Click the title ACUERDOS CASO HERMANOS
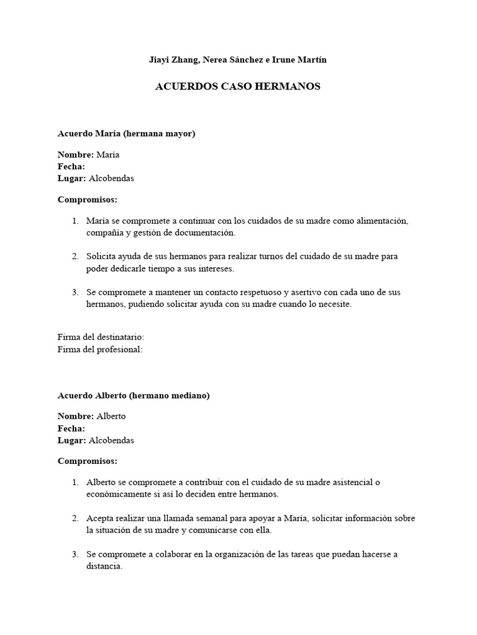(237, 87)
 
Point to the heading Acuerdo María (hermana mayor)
(127, 133)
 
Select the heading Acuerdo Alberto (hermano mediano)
(134, 395)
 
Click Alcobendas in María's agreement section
(111, 178)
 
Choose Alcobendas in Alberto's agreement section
(111, 440)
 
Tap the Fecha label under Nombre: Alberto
(71, 429)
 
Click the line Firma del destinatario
(101, 337)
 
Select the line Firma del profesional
(100, 349)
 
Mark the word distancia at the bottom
(105, 566)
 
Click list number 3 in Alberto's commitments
(75, 554)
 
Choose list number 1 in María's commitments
(75, 221)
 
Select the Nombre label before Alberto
(76, 416)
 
